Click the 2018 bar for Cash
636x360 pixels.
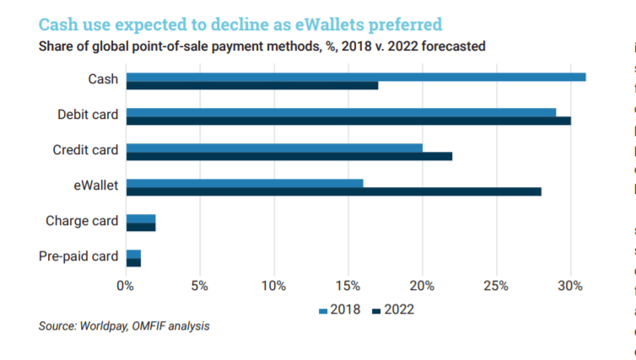coord(355,77)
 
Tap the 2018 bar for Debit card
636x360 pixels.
coord(341,111)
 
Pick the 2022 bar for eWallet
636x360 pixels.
coord(333,191)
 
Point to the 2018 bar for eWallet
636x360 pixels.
coord(244,182)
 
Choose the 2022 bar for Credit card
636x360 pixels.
coord(288,156)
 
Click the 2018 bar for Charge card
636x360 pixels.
coord(140,218)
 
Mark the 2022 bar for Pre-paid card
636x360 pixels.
coord(133,262)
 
